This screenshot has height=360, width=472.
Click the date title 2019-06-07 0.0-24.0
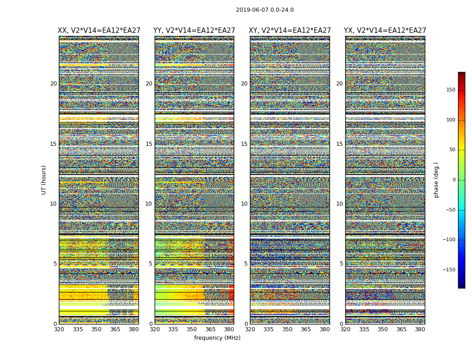pos(265,10)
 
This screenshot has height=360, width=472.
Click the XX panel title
pos(99,31)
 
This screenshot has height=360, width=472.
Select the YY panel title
pos(194,31)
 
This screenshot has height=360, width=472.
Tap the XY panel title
pos(290,31)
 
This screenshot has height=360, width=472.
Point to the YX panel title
pos(385,31)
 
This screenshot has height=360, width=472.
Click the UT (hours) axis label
pos(44,180)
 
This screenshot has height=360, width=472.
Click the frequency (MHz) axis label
pos(217,338)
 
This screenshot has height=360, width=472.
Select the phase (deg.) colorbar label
pos(436,180)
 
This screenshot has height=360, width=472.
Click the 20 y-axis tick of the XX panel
pos(53,84)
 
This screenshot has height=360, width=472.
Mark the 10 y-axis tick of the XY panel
pos(245,204)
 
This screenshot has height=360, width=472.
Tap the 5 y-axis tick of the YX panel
pos(342,264)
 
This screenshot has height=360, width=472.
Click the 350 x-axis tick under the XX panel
pos(96,329)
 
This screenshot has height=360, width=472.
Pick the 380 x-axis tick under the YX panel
pos(420,329)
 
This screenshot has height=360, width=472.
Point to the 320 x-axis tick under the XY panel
pos(250,329)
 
